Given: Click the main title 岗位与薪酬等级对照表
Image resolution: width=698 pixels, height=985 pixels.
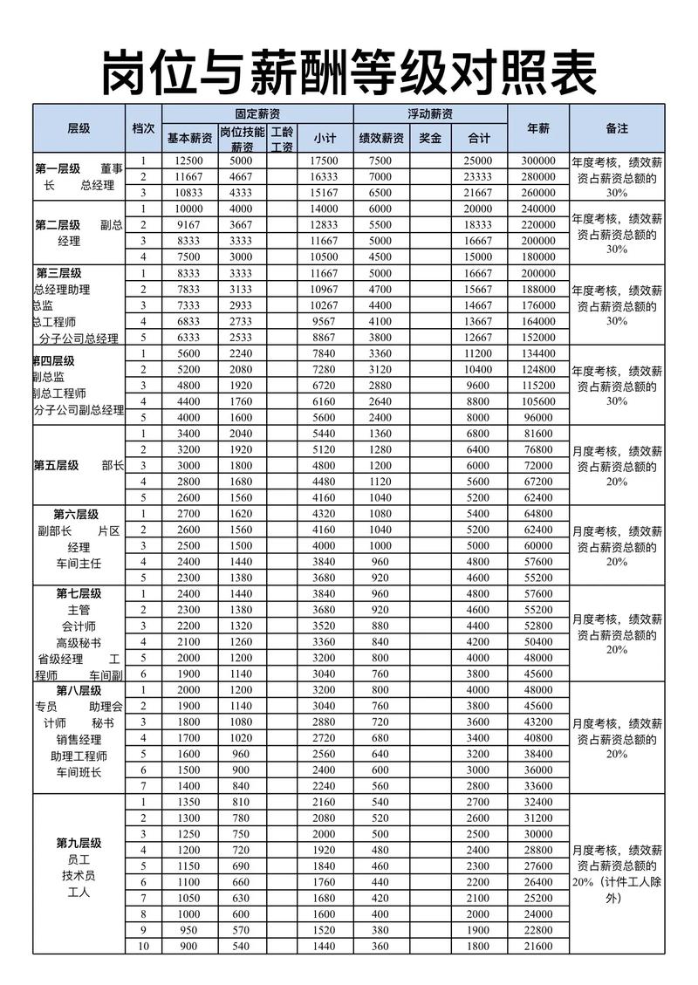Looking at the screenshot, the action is [349, 72].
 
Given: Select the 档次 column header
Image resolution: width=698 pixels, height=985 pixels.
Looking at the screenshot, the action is [143, 128].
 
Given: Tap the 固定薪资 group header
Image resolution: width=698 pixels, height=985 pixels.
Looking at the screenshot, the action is [257, 114].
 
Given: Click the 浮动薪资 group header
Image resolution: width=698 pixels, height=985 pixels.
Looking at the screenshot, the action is [430, 114].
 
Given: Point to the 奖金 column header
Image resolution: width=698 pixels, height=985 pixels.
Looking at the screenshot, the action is [430, 138].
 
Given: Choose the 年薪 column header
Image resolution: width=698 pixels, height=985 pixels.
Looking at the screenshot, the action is [538, 128].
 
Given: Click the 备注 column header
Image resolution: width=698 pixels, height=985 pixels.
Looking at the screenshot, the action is [617, 128].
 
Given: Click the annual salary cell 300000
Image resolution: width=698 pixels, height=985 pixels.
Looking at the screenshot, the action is [538, 161].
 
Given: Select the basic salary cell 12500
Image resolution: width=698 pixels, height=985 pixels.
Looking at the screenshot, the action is [188, 161].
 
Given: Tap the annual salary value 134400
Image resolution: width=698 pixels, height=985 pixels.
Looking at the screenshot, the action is [538, 353].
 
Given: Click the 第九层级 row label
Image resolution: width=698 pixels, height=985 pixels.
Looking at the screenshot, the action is [79, 843].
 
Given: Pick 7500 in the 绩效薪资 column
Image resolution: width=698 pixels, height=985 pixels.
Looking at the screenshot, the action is [380, 161].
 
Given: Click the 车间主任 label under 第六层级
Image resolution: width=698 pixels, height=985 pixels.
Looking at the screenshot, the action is [79, 564].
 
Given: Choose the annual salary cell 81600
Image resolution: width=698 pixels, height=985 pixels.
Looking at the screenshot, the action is [538, 434].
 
